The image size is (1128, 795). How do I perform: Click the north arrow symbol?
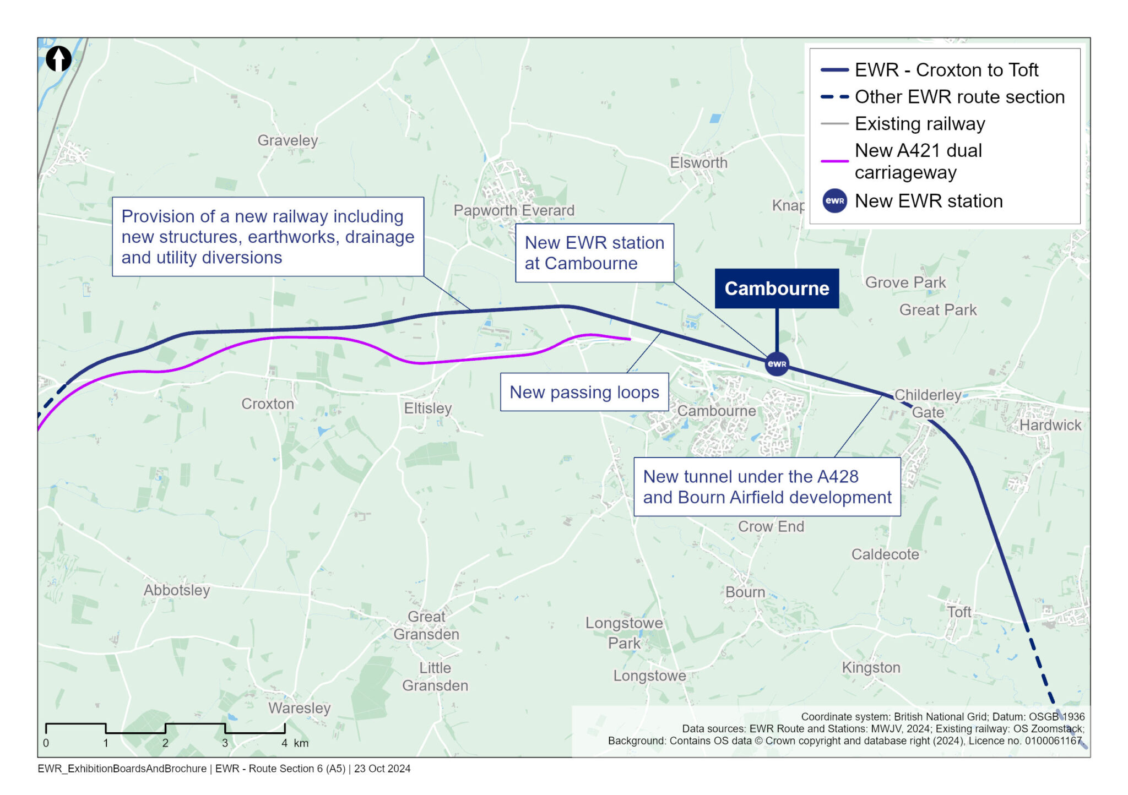click(x=58, y=58)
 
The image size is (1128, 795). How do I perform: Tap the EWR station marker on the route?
click(x=777, y=364)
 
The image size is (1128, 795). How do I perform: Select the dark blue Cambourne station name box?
click(x=777, y=288)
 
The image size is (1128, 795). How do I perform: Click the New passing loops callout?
click(x=584, y=392)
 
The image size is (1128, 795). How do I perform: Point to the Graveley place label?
click(x=288, y=140)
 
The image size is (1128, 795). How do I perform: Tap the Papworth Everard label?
click(x=513, y=210)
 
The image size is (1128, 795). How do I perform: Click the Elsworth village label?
click(x=698, y=163)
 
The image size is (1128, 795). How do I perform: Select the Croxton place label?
click(x=268, y=404)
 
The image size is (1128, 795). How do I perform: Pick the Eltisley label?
click(x=427, y=408)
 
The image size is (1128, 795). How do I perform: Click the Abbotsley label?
click(x=177, y=590)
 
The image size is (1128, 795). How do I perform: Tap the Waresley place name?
click(x=299, y=708)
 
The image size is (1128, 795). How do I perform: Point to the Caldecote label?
click(x=885, y=554)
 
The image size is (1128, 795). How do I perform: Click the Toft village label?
click(x=959, y=612)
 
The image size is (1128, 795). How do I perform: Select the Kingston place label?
click(x=871, y=667)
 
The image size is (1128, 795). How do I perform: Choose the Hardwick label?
click(x=1050, y=425)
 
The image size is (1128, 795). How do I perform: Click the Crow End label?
click(x=771, y=526)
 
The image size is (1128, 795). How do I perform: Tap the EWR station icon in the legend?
click(x=834, y=201)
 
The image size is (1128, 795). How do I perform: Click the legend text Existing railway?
click(x=920, y=124)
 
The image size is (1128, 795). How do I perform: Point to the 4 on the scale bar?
click(x=284, y=743)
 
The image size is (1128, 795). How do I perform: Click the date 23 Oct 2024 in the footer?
click(x=382, y=769)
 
